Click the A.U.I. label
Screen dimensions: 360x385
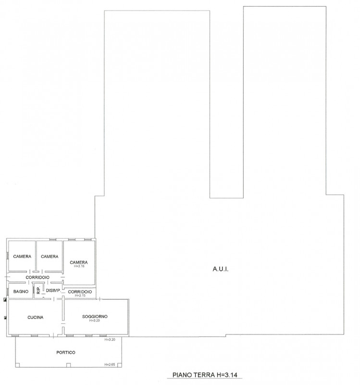pos(220,269)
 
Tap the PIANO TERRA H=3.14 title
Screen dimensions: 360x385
pos(205,375)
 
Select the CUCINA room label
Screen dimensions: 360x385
pos(35,318)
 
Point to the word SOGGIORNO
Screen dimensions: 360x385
pos(95,317)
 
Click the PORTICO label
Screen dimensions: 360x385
pos(66,352)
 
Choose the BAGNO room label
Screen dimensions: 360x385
pos(21,292)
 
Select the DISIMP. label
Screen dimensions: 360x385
pos(53,291)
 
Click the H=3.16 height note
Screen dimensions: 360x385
pos(79,266)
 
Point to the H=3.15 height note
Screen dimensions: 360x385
pos(80,295)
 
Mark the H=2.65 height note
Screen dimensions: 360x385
pos(110,365)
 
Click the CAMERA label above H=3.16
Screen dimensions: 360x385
pos(79,262)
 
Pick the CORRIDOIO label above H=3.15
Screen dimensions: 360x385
pos(80,292)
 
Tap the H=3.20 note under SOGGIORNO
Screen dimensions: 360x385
pos(94,321)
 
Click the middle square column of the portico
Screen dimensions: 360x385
pos(69,365)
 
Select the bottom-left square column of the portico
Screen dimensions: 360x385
pos(17,365)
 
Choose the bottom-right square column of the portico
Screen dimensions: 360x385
pos(120,365)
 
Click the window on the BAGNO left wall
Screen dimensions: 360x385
pos(8,292)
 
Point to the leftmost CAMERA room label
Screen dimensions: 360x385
pos(22,257)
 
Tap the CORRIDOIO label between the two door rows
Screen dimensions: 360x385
pos(37,277)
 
